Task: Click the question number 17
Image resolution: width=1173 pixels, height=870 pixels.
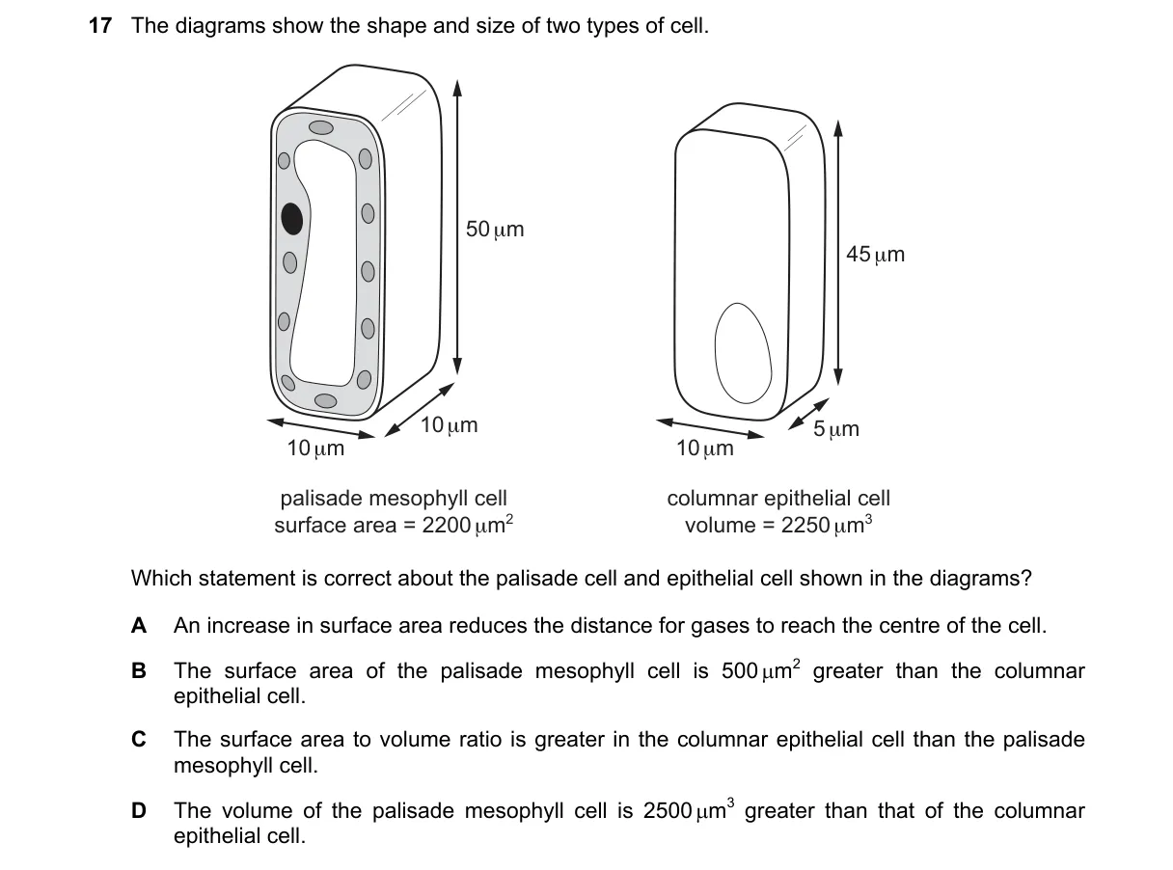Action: [x=100, y=25]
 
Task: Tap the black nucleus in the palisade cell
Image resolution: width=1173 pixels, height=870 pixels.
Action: [x=292, y=218]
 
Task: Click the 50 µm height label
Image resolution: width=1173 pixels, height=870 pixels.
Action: [x=495, y=230]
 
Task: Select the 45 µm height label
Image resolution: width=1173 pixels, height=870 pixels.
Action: [x=875, y=255]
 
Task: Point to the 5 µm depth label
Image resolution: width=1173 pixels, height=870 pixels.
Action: [x=836, y=428]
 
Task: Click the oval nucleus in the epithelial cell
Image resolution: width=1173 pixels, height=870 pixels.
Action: [x=743, y=353]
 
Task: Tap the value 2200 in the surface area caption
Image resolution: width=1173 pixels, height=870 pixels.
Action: [x=446, y=525]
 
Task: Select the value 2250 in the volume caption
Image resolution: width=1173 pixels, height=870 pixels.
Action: [x=805, y=525]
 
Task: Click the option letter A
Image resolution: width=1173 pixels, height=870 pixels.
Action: [x=139, y=626]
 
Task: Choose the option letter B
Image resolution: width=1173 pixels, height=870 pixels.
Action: [x=139, y=670]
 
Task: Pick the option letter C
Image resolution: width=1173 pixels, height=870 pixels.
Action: [x=139, y=740]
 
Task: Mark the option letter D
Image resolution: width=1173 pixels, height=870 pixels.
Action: [x=139, y=810]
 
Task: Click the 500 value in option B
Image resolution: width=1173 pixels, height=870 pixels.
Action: [x=739, y=670]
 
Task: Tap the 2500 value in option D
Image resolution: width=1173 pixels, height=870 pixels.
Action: [x=668, y=810]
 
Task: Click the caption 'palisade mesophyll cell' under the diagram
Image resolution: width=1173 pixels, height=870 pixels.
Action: [x=394, y=499]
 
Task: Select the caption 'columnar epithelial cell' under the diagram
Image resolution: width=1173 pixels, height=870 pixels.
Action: [x=778, y=499]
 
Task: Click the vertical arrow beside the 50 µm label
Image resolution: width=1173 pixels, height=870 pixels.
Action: [x=457, y=228]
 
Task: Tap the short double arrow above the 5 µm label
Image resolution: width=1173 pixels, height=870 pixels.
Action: [x=808, y=414]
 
